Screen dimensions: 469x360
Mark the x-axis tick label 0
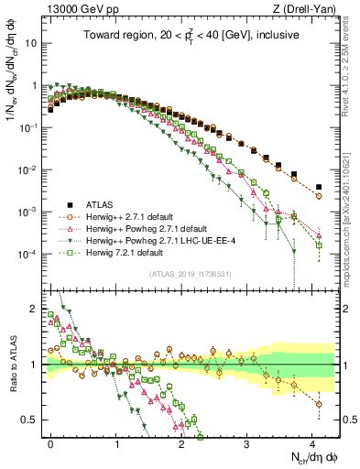[50, 442]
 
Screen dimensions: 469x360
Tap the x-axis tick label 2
[181, 442]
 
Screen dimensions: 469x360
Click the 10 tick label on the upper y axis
[34, 43]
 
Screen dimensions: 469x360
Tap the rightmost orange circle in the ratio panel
[318, 404]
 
